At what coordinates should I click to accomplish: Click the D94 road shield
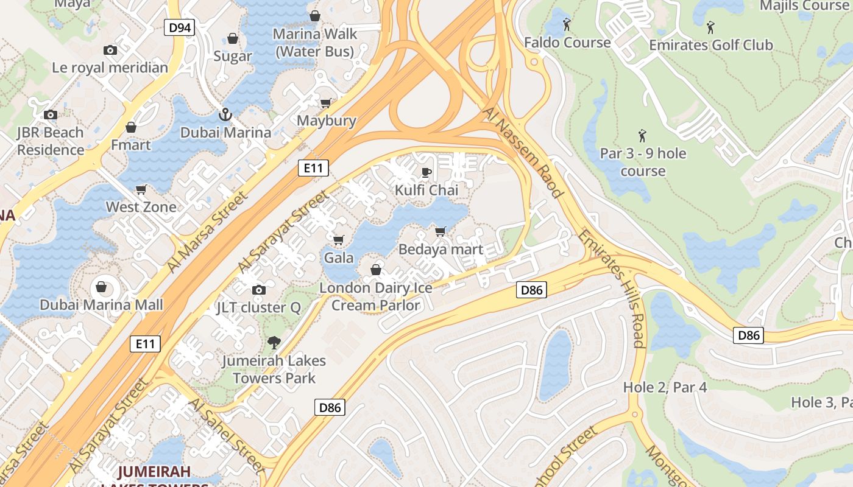coord(179,27)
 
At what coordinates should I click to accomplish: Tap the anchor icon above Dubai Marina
coord(225,114)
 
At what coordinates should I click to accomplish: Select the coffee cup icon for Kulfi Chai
coord(426,172)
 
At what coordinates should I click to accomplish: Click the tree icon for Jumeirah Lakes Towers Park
coord(274,343)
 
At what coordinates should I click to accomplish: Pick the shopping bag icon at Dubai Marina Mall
coord(101,286)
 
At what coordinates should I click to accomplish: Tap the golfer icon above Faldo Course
coord(567,25)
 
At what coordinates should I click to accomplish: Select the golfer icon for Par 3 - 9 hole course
coord(642,136)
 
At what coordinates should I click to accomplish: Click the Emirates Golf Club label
coord(710,45)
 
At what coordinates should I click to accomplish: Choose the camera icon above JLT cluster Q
coord(259,290)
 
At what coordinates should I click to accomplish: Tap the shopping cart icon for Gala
coord(339,240)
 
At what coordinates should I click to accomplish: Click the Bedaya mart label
coord(441,250)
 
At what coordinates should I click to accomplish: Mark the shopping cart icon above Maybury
coord(326,103)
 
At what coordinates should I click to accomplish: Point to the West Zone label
coord(141,207)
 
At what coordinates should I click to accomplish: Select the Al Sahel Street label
coord(227,436)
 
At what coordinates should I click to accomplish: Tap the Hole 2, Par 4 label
coord(665,387)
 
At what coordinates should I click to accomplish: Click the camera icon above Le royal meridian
coord(110,50)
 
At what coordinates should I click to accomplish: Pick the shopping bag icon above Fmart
coord(131,127)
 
